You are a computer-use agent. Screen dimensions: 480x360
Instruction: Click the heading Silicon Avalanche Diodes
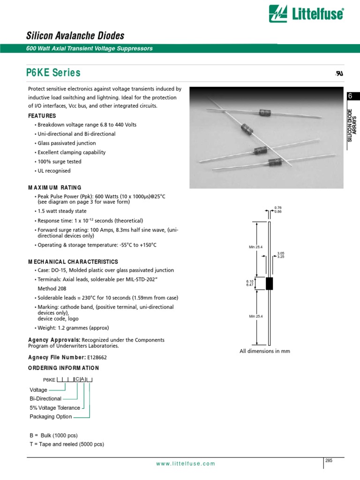click(75, 36)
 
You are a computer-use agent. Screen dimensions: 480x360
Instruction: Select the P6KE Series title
click(53, 73)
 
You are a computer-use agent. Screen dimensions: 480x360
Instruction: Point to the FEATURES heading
click(42, 116)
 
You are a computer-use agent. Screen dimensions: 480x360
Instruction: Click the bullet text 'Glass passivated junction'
click(67, 143)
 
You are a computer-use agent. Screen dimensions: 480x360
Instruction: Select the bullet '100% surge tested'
click(59, 161)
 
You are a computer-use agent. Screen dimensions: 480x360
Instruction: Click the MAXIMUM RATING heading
click(55, 187)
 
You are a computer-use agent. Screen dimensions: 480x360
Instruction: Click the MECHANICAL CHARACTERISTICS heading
click(73, 262)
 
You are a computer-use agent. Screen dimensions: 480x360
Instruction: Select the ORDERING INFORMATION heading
click(63, 367)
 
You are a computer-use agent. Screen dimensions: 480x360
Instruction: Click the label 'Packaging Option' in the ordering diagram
click(51, 417)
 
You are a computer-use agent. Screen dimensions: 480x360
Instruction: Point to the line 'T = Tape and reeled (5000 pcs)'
click(67, 444)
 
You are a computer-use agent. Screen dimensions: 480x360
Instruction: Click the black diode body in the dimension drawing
click(269, 284)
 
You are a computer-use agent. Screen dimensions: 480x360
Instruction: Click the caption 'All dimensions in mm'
click(265, 351)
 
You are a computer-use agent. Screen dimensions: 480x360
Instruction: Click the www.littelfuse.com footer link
click(180, 464)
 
